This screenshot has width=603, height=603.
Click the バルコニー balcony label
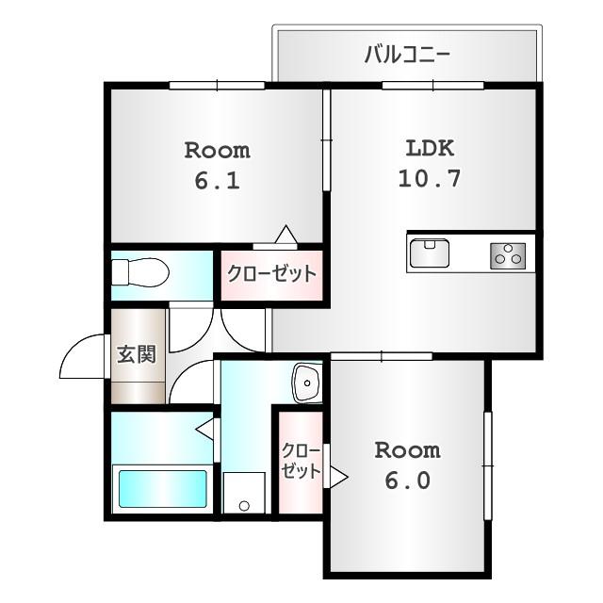pyautogui.click(x=407, y=54)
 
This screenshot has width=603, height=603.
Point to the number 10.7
pyautogui.click(x=430, y=178)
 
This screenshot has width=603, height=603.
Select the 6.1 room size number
pyautogui.click(x=217, y=179)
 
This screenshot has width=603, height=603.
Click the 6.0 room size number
pyautogui.click(x=407, y=480)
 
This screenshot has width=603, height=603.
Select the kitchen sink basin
pyautogui.click(x=430, y=253)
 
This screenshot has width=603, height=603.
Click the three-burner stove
pyautogui.click(x=510, y=253)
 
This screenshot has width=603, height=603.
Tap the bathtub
pyautogui.click(x=161, y=489)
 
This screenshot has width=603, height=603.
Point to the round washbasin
pyautogui.click(x=307, y=383)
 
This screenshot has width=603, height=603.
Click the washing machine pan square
pyautogui.click(x=244, y=493)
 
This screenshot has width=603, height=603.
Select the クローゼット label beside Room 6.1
pyautogui.click(x=271, y=274)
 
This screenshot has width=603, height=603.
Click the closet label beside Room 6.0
pyautogui.click(x=301, y=461)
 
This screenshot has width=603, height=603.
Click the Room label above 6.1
pyautogui.click(x=217, y=150)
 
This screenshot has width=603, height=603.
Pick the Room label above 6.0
pyautogui.click(x=407, y=449)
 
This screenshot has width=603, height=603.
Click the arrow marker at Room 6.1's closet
pyautogui.click(x=286, y=236)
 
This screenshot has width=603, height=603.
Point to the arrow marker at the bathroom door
pyautogui.click(x=204, y=430)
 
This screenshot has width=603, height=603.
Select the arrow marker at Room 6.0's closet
pyautogui.click(x=336, y=478)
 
